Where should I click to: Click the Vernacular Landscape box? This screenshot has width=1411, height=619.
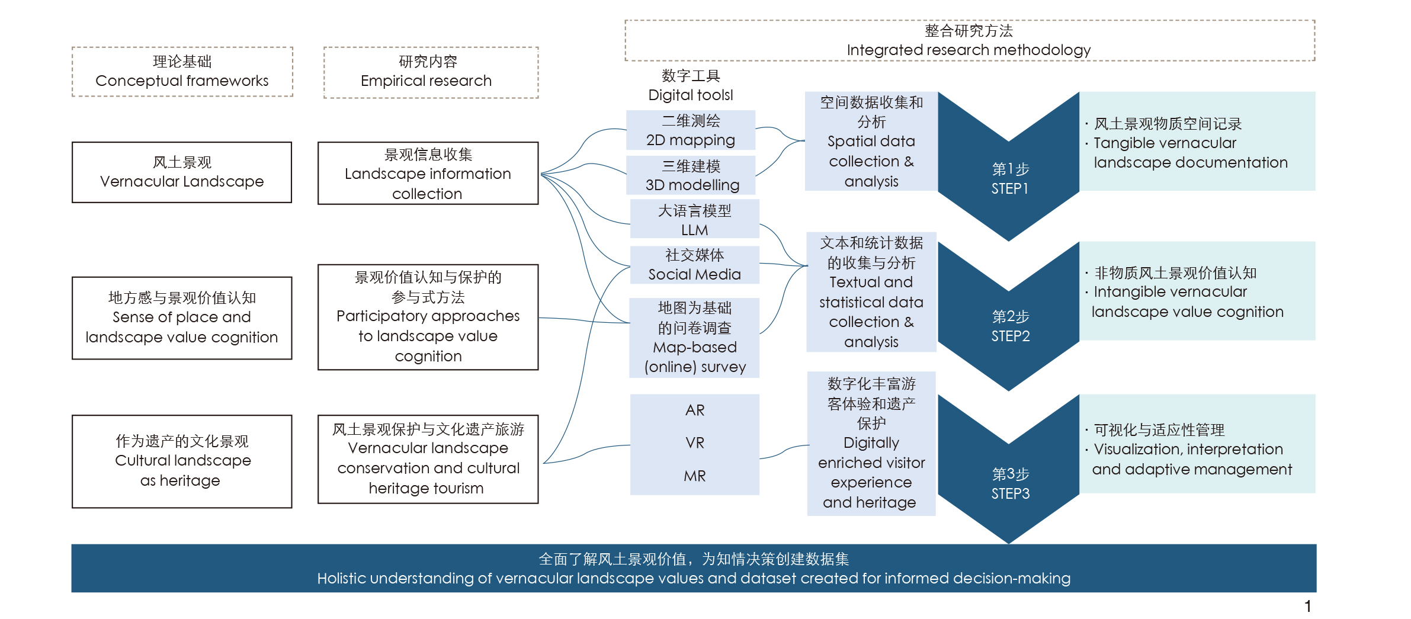(182, 172)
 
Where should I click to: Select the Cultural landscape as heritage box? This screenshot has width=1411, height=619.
(182, 461)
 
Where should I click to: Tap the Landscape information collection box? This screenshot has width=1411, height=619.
(428, 174)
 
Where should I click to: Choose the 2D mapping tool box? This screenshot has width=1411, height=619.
(691, 130)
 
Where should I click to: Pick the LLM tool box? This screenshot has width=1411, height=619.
(694, 220)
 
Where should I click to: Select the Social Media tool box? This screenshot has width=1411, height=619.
(694, 265)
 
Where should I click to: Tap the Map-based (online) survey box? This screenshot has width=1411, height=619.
(694, 338)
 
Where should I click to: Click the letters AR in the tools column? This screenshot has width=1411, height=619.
(695, 410)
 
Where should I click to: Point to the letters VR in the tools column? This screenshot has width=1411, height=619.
(695, 443)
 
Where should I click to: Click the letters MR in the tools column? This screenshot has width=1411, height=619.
(695, 476)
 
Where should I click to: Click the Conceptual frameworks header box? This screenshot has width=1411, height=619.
(182, 72)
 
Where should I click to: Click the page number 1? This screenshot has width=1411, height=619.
(1307, 606)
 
